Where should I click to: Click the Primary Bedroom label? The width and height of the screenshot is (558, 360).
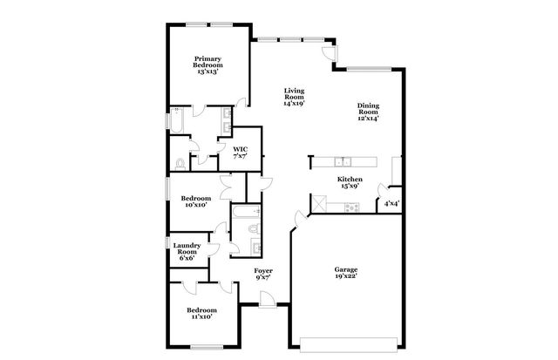[x=208, y=65]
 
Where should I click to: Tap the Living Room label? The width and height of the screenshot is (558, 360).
[x=293, y=96]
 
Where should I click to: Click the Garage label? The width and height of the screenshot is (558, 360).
[x=345, y=273]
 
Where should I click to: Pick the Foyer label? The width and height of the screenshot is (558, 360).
[x=263, y=274]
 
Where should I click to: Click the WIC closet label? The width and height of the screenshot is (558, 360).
[x=240, y=153]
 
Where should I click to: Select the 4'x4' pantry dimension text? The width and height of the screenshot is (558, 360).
[x=392, y=204]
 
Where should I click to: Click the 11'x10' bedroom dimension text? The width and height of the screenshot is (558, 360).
[x=201, y=316]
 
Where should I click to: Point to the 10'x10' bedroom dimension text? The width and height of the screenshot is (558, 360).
[x=194, y=206]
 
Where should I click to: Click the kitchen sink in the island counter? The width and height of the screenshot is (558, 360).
[x=344, y=161]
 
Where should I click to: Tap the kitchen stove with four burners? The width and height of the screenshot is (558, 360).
[x=352, y=207]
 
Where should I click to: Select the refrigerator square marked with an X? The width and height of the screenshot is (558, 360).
[x=321, y=205]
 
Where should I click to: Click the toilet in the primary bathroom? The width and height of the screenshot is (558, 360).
[x=180, y=162]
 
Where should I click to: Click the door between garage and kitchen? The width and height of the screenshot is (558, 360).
[x=301, y=218]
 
